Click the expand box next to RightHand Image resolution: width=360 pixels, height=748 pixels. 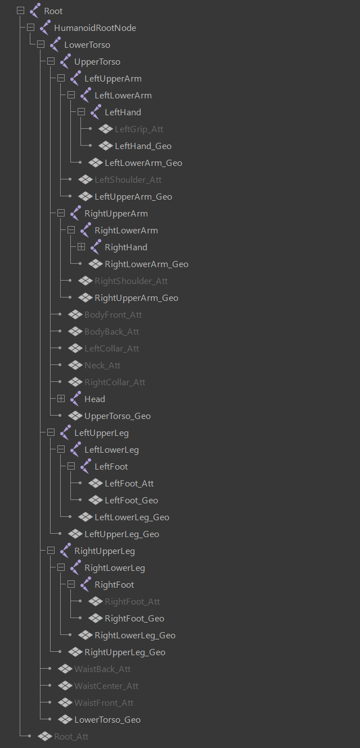tap(81, 247)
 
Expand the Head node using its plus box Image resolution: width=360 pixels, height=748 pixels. tap(61, 399)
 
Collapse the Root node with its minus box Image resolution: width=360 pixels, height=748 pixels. tap(20, 11)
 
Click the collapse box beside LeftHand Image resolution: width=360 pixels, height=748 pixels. tap(81, 112)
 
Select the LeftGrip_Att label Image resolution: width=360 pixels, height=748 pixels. tap(139, 129)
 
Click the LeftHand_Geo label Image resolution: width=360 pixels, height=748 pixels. tap(143, 146)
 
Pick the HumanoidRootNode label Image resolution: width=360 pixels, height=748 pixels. tap(95, 28)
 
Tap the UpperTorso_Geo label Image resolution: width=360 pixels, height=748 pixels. tap(118, 416)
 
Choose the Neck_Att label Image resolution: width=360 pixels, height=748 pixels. tap(102, 366)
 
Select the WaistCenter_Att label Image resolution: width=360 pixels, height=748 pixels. tap(106, 686)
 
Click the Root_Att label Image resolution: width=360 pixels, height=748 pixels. tap(71, 737)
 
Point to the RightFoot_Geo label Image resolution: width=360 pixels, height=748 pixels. tap(134, 619)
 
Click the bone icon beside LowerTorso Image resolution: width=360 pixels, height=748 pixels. tap(55, 44)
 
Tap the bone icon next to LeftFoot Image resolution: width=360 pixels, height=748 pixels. tap(85, 466)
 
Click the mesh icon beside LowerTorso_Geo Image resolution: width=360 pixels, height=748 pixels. tap(65, 720)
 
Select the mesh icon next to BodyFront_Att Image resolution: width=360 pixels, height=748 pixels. tap(75, 315)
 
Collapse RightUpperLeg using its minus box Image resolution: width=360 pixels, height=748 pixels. tap(51, 551)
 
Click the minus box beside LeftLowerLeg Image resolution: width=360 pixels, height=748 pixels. tap(61, 449)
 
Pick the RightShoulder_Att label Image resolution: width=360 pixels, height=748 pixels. tap(131, 281)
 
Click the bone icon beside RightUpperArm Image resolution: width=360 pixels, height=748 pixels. tap(75, 213)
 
